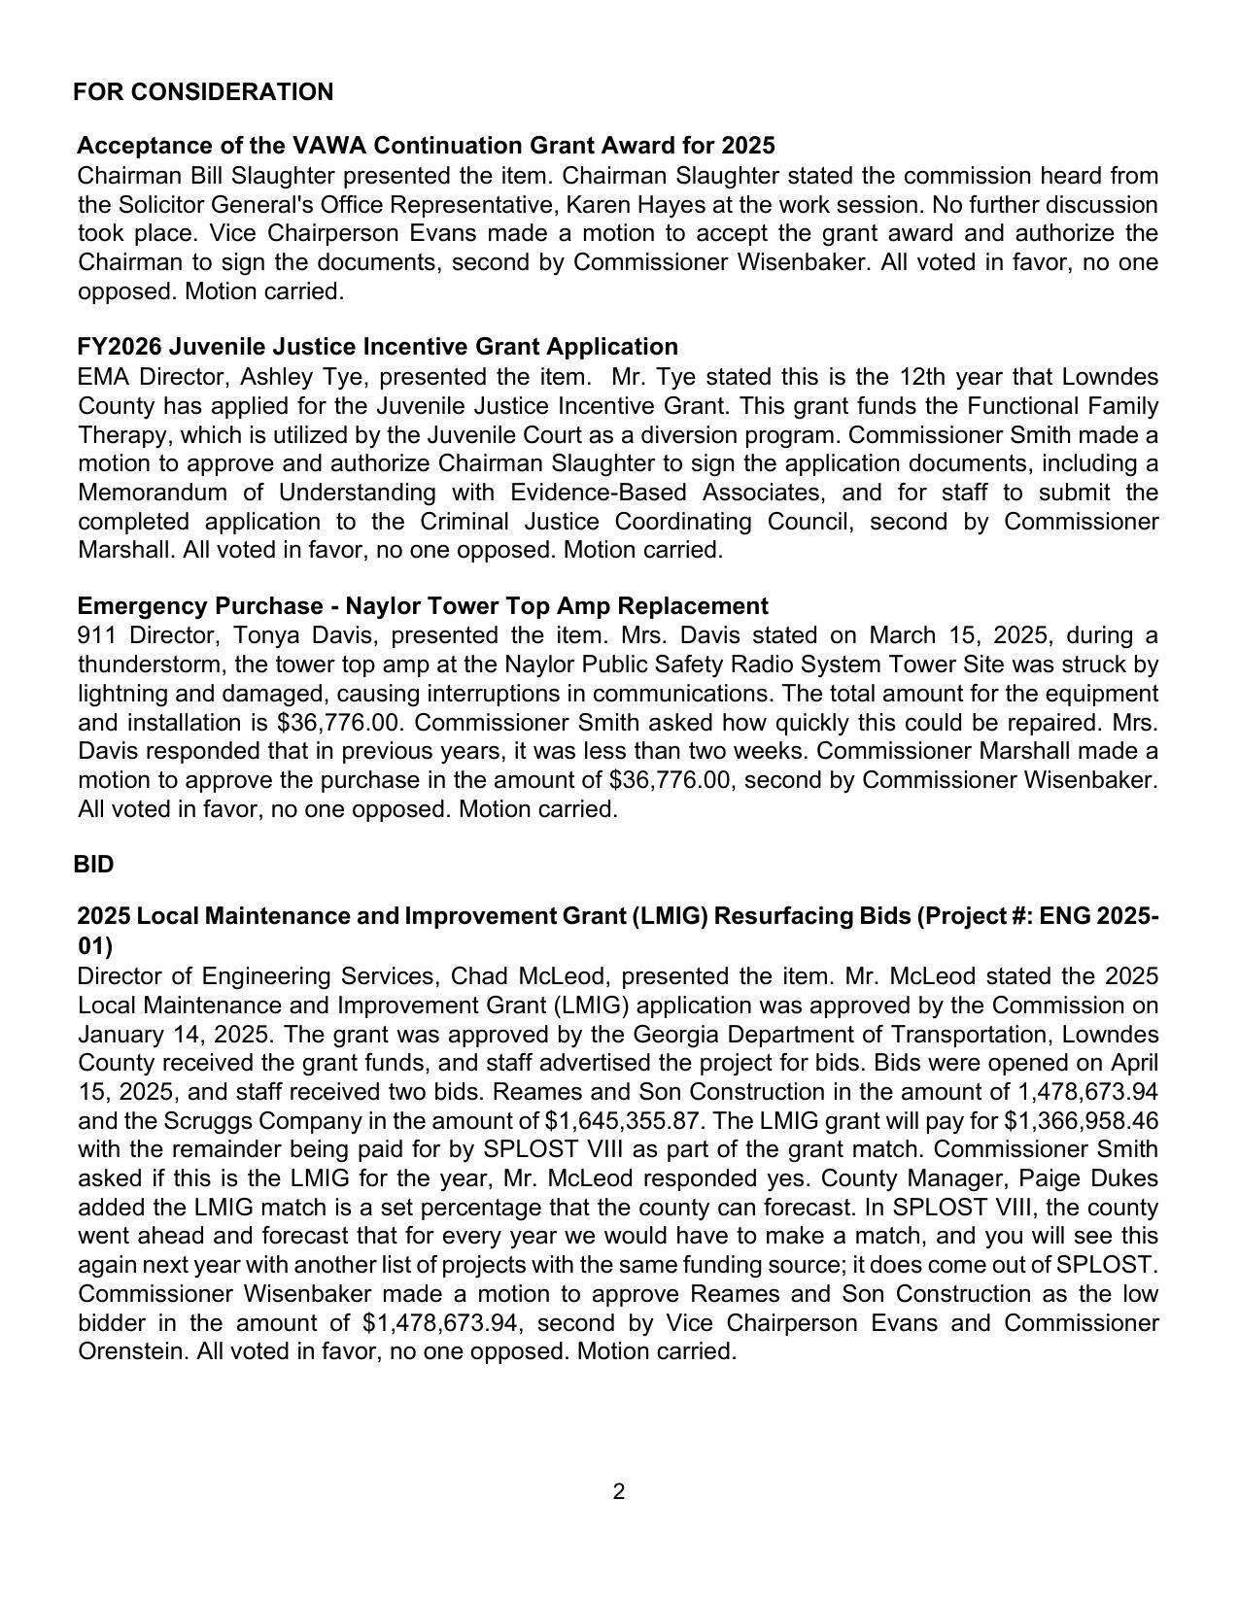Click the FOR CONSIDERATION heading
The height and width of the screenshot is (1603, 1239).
[x=203, y=92]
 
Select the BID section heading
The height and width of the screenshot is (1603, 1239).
[x=93, y=865]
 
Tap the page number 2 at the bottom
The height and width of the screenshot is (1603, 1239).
[x=619, y=1491]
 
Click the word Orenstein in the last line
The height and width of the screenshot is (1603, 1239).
[x=129, y=1351]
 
